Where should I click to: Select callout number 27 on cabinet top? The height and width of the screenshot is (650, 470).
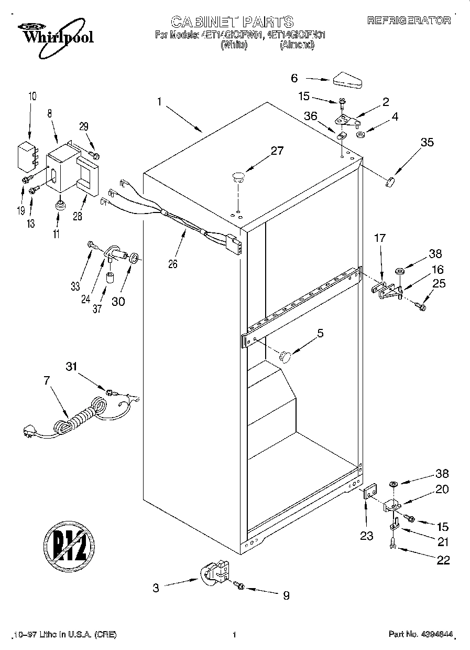click(277, 152)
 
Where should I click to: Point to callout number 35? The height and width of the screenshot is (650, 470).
click(427, 142)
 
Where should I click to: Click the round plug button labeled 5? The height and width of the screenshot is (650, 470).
click(285, 357)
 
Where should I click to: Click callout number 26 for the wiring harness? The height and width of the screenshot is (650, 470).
click(172, 264)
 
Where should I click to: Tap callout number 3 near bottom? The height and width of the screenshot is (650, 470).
click(156, 588)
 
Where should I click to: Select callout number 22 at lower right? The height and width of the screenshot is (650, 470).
click(443, 560)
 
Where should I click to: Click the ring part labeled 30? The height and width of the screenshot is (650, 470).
click(134, 258)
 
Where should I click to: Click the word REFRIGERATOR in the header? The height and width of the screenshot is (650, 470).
click(409, 20)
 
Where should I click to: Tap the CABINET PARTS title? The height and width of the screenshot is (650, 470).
click(232, 21)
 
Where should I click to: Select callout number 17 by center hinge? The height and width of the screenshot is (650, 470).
click(379, 238)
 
